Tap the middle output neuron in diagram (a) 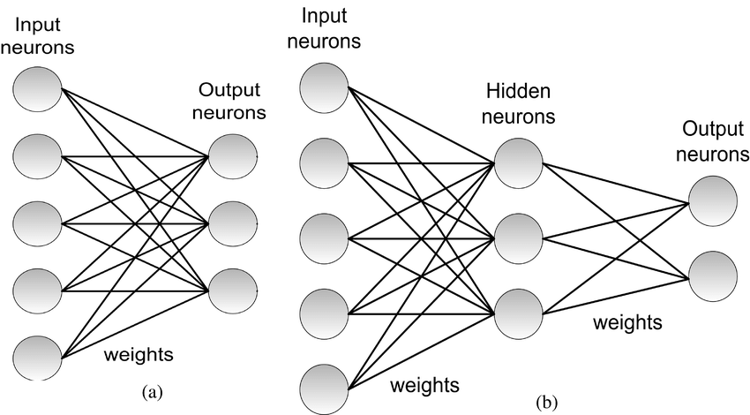coord(232,223)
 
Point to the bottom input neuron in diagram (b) coord(326,389)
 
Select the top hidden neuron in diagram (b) coord(519,162)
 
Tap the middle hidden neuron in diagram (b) coord(519,236)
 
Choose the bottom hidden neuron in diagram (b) coord(519,312)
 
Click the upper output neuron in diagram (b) coord(713,201)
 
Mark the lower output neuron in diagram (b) coord(713,276)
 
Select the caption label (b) coord(547,404)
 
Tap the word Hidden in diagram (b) coord(517,92)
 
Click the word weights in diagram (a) coord(139,355)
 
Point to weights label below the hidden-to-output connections coord(627,321)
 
